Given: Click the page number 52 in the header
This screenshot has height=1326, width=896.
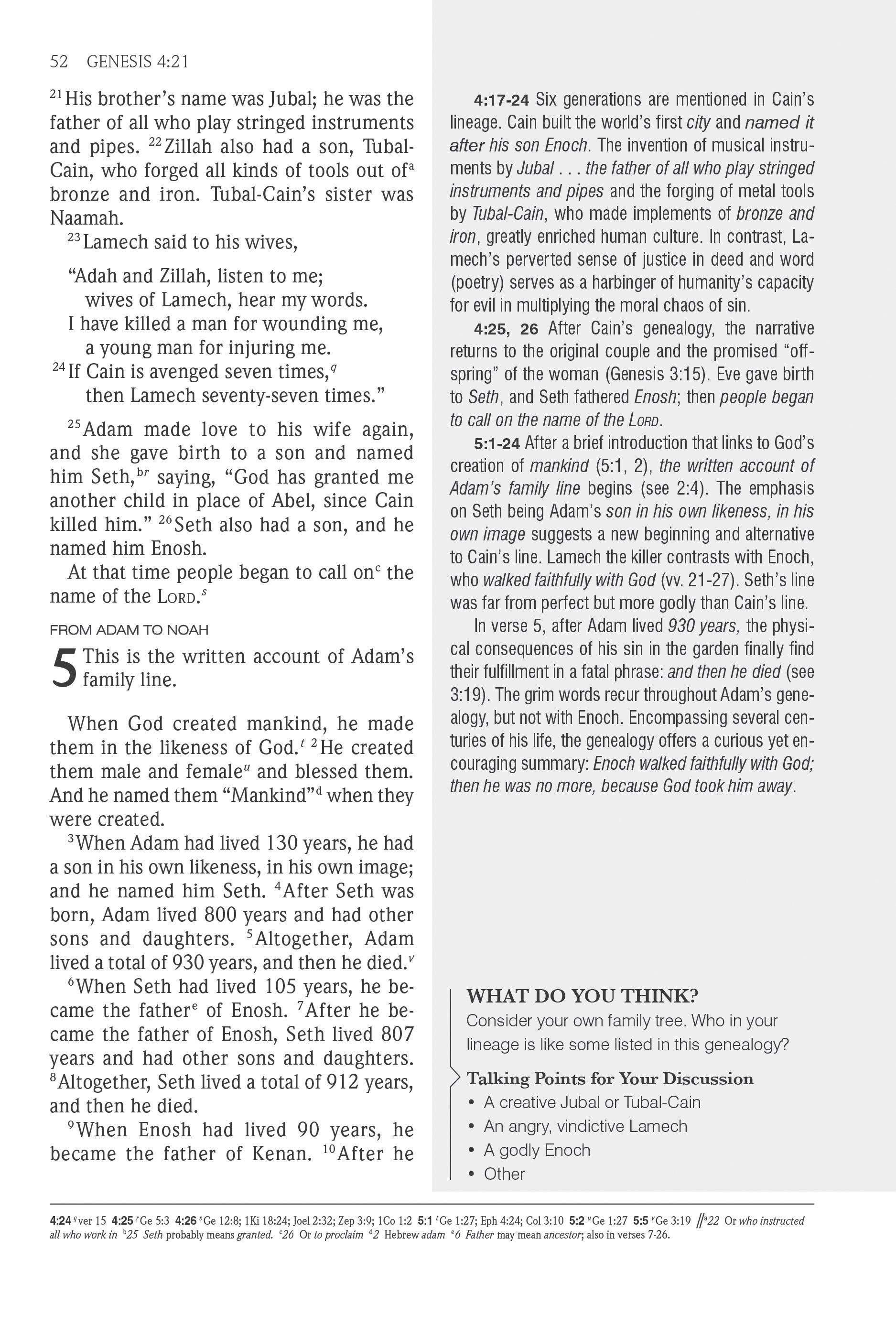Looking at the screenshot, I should [59, 62].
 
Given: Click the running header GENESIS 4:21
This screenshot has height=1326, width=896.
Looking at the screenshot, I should [138, 62].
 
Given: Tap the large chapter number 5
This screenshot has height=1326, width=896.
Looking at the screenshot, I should [64, 668].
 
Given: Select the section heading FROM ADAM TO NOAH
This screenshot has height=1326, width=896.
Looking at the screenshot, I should [129, 630].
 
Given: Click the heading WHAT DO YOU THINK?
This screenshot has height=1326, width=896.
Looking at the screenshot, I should [582, 996].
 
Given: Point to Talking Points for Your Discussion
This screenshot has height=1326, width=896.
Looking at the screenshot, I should [609, 1078].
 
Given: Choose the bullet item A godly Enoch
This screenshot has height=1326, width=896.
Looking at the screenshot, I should [537, 1150].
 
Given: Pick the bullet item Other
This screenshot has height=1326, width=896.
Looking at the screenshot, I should [504, 1174].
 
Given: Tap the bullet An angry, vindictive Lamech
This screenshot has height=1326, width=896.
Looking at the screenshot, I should [585, 1126].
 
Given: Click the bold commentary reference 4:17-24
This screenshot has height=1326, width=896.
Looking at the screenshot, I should [501, 100].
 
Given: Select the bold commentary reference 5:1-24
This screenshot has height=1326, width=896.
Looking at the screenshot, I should [497, 443].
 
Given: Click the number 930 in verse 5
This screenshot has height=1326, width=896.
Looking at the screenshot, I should [188, 962].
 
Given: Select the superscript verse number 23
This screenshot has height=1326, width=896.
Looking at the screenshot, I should [74, 238].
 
